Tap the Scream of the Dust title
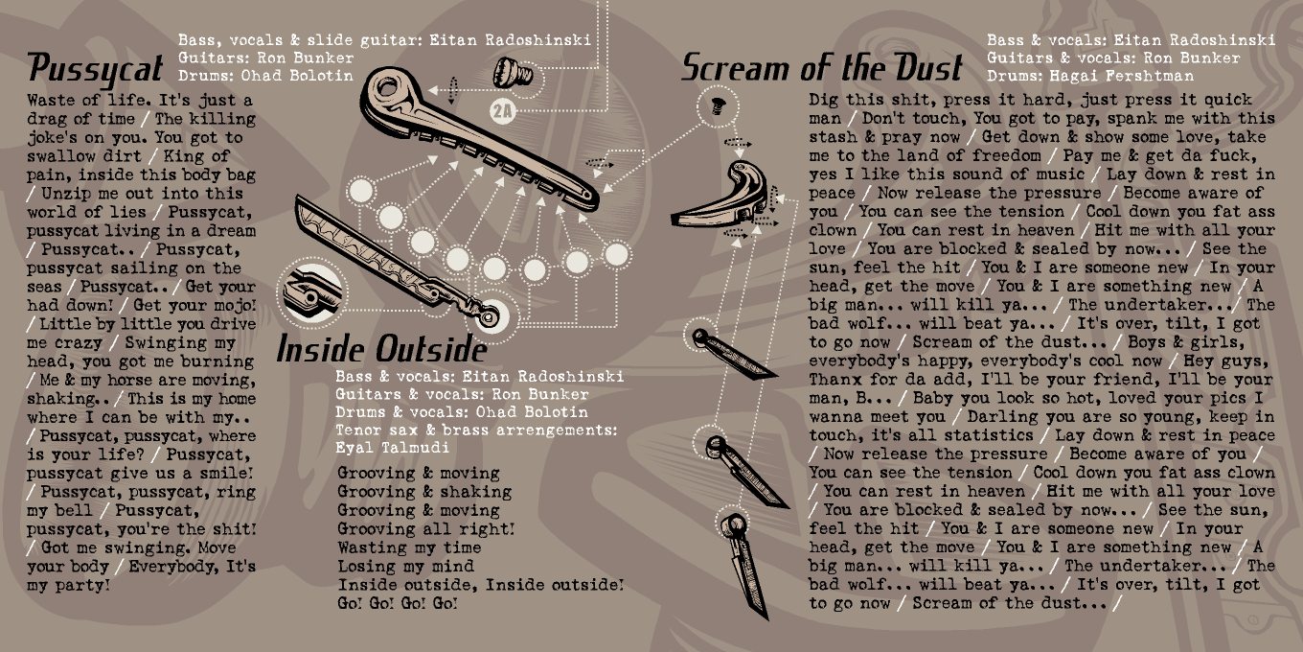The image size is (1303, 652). pyautogui.click(x=822, y=67)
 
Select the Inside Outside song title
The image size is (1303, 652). pyautogui.click(x=381, y=349)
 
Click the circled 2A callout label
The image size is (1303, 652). pyautogui.click(x=503, y=110)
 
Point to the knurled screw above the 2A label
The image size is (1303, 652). pyautogui.click(x=513, y=73)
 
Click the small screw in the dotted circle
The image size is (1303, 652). pyautogui.click(x=718, y=105)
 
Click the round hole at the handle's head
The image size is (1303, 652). pyautogui.click(x=386, y=88)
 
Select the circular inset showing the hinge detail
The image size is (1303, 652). pyautogui.click(x=310, y=292)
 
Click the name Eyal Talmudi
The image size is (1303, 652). pyautogui.click(x=392, y=448)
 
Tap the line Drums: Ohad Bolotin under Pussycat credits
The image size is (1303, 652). pyautogui.click(x=265, y=76)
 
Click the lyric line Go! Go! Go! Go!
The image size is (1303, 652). pyautogui.click(x=398, y=603)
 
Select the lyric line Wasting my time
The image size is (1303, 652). pyautogui.click(x=409, y=547)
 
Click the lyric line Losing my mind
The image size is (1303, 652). pyautogui.click(x=406, y=566)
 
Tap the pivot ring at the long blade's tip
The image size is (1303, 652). pyautogui.click(x=489, y=317)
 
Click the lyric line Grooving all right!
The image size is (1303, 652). pyautogui.click(x=425, y=528)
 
